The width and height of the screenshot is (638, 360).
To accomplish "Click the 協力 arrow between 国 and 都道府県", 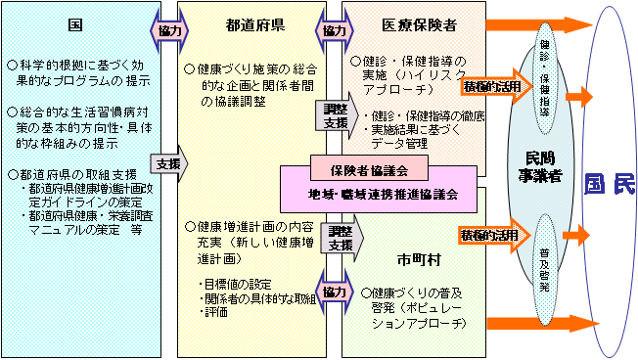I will pyautogui.click(x=164, y=30).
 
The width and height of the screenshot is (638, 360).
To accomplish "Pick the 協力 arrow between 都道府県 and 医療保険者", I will pyautogui.click(x=335, y=30).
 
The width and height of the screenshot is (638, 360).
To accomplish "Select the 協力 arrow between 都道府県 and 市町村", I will pyautogui.click(x=335, y=292).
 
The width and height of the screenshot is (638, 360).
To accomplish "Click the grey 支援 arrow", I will pyautogui.click(x=164, y=164).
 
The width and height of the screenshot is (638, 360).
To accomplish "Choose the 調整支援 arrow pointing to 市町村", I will pyautogui.click(x=342, y=237).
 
